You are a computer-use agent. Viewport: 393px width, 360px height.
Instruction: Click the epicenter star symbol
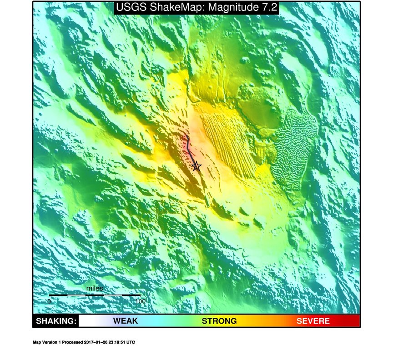point(196,166)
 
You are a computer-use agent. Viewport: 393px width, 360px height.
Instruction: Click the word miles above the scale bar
point(95,289)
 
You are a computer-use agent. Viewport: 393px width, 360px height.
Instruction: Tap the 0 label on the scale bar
point(49,301)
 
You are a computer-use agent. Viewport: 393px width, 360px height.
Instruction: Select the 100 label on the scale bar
point(140,301)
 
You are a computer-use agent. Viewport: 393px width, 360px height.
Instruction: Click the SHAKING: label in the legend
point(55,321)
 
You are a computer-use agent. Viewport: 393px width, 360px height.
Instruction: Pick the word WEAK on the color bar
point(125,321)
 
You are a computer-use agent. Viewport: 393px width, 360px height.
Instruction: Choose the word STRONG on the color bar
point(219,321)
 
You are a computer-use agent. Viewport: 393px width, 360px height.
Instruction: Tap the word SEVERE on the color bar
point(313,321)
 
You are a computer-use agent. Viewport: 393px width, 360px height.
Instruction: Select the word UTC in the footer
point(131,342)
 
